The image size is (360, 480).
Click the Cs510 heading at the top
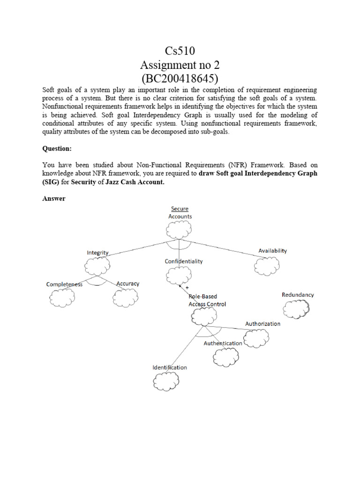click(180, 50)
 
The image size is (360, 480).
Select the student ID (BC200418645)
click(180, 78)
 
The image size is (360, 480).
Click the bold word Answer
click(54, 198)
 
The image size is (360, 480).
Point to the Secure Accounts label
click(180, 212)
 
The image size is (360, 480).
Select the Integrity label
click(97, 253)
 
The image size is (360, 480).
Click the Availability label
click(272, 251)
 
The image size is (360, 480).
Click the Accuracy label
click(127, 284)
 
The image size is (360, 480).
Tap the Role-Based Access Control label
click(207, 300)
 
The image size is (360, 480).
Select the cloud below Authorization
click(256, 337)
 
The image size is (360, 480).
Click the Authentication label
click(223, 343)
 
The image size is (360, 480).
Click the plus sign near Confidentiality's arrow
click(187, 287)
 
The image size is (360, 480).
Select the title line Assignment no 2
click(180, 64)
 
